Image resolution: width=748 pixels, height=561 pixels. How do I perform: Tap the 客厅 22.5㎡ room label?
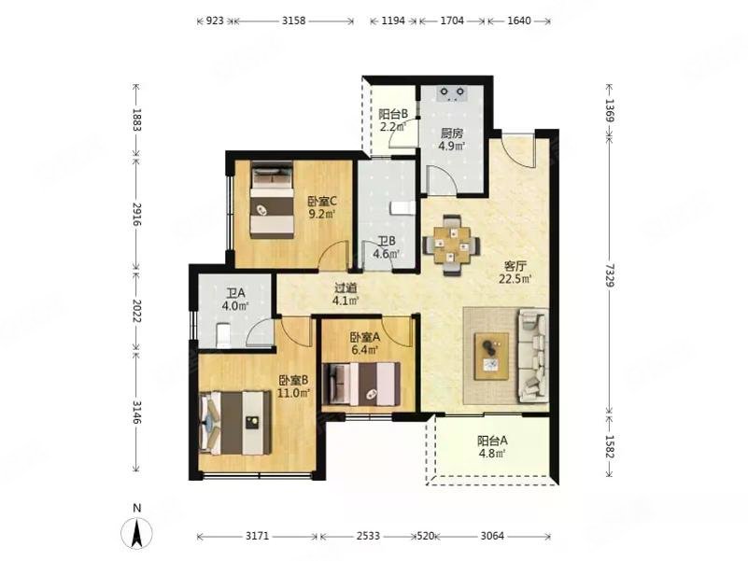515,272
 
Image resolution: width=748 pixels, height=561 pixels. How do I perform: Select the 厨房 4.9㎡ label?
453,138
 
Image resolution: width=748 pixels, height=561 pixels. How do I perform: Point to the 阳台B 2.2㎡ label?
392,121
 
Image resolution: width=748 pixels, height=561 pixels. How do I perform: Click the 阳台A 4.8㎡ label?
492,447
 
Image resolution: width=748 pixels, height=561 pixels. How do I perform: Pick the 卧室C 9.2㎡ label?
321,207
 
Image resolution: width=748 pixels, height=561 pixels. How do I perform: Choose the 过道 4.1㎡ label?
346,294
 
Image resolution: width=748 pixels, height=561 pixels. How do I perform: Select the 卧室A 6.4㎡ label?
364,344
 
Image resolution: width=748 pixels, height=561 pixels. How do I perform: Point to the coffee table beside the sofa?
491,356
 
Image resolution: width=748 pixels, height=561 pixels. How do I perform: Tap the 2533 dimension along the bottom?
368,536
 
